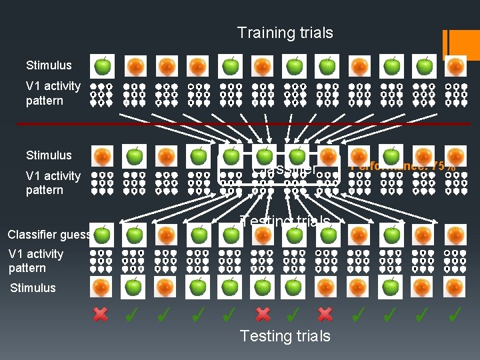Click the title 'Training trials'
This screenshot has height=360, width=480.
click(x=285, y=33)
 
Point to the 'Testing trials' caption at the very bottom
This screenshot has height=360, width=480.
click(x=285, y=335)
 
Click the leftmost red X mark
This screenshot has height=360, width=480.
click(x=101, y=314)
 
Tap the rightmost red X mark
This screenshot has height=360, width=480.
click(x=325, y=314)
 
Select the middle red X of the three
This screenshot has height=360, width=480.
click(x=263, y=314)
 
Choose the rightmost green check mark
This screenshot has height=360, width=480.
click(x=456, y=313)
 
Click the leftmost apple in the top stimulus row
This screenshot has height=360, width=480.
click(x=103, y=66)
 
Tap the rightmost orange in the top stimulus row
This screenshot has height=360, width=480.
click(x=456, y=66)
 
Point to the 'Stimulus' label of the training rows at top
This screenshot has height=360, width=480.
click(x=49, y=65)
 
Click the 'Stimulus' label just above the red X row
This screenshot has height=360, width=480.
click(x=33, y=288)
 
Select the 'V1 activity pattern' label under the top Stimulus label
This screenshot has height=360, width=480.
click(x=53, y=93)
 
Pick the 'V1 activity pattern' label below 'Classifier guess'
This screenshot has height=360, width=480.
click(x=36, y=261)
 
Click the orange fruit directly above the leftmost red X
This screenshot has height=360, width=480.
click(x=101, y=287)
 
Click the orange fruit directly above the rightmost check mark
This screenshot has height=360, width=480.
click(x=456, y=287)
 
